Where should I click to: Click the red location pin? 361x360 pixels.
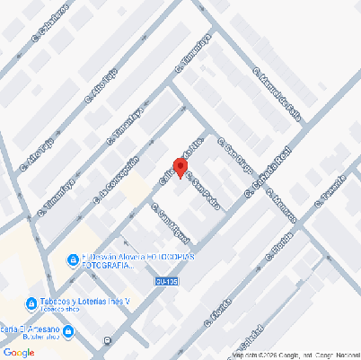tap(180, 168)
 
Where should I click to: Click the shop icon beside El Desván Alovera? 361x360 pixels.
tap(74, 260)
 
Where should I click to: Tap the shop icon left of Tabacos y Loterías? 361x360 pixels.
tap(31, 302)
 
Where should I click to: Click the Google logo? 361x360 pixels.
tap(20, 352)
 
